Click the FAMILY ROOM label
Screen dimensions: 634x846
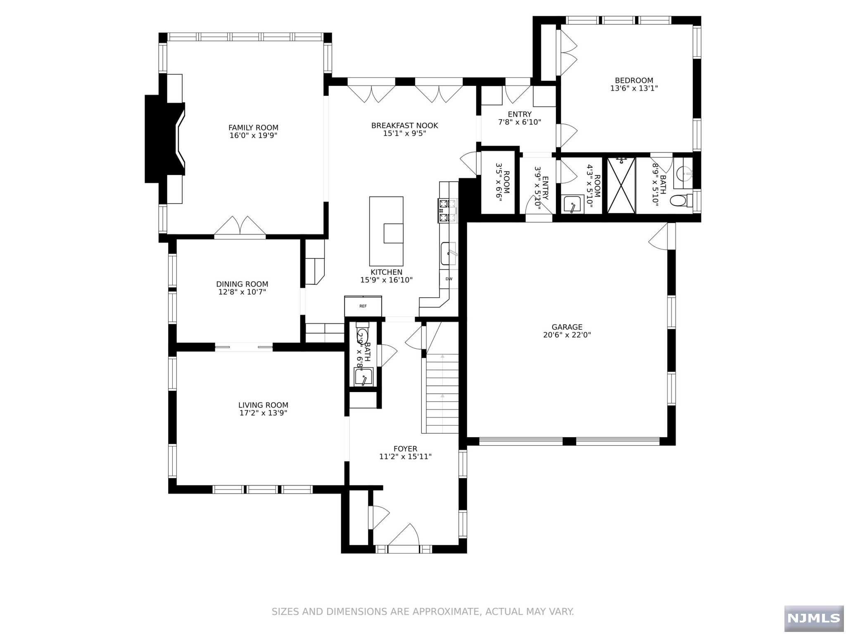(x=253, y=128)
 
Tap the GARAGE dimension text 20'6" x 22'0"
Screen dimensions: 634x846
(x=567, y=335)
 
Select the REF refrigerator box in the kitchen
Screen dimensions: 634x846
(x=363, y=306)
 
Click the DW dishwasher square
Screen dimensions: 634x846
(x=449, y=279)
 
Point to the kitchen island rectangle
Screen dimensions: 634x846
(x=386, y=231)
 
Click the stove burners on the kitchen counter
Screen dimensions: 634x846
(x=448, y=210)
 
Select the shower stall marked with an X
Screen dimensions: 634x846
(x=621, y=185)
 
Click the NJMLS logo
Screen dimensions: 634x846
(x=813, y=618)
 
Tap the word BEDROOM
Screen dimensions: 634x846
(x=634, y=80)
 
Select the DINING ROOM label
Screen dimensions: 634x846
(x=242, y=284)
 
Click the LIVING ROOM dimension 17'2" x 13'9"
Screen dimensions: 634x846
(x=263, y=413)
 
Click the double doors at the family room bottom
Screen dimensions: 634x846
(x=240, y=227)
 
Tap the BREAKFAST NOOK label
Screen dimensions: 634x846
(x=404, y=125)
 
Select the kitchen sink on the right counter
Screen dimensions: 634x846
(x=448, y=253)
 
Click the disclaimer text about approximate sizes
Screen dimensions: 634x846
(x=423, y=611)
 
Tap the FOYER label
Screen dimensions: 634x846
(x=405, y=449)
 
